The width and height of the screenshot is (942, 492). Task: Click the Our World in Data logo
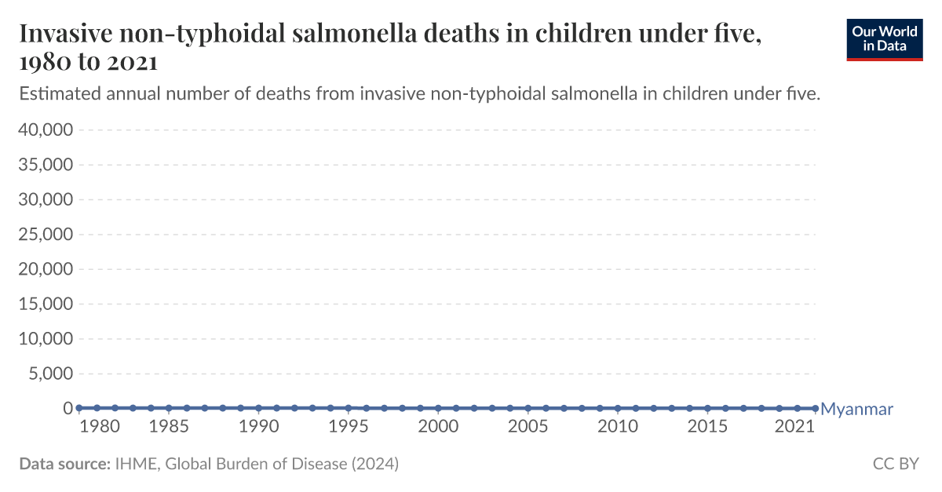click(x=884, y=40)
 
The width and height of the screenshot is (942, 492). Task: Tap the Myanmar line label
click(x=856, y=409)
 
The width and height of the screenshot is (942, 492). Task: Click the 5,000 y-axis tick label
click(x=49, y=374)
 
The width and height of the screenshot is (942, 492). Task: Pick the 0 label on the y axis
click(x=68, y=409)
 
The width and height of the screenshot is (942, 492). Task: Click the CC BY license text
click(x=896, y=464)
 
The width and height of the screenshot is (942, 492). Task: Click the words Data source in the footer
click(x=64, y=464)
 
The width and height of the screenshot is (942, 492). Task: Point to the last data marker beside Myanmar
click(x=815, y=408)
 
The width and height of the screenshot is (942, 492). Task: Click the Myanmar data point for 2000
click(x=438, y=408)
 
